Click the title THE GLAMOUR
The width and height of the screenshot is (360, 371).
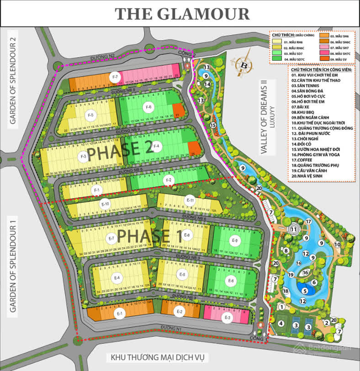[x=182, y=14]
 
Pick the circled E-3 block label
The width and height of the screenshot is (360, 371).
[x=227, y=318]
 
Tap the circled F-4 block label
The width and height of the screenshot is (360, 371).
[x=157, y=146]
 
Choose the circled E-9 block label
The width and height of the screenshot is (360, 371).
[x=235, y=240]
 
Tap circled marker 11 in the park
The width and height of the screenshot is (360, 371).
[x=294, y=229]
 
